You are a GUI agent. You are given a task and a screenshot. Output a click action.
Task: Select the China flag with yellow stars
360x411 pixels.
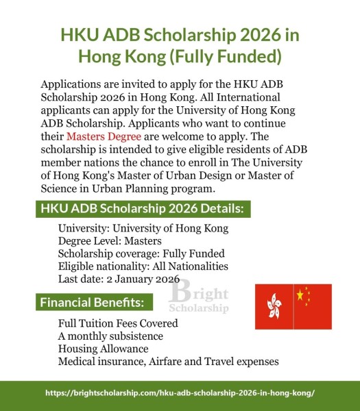coord(312,305)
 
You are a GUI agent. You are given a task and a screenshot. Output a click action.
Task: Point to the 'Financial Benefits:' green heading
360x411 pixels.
coord(92,302)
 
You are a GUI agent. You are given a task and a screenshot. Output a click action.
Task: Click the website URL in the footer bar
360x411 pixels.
coord(180,394)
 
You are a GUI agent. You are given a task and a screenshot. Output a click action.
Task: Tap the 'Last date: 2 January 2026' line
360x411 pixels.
coord(119,279)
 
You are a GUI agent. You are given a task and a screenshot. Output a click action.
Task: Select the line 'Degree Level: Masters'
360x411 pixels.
coord(110,241)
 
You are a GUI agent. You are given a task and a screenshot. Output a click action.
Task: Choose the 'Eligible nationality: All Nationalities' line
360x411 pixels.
coord(143,266)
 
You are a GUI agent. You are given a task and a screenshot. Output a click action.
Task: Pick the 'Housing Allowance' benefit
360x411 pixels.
coord(103,349)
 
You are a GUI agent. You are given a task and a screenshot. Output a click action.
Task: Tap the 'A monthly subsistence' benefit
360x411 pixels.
coord(110,336)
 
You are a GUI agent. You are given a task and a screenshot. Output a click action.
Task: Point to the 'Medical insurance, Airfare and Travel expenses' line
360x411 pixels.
coord(169,361)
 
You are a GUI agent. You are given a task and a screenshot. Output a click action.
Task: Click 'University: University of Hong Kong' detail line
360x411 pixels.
coord(143,228)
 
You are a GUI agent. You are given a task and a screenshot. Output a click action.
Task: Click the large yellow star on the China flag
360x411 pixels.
coord(300,295)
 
